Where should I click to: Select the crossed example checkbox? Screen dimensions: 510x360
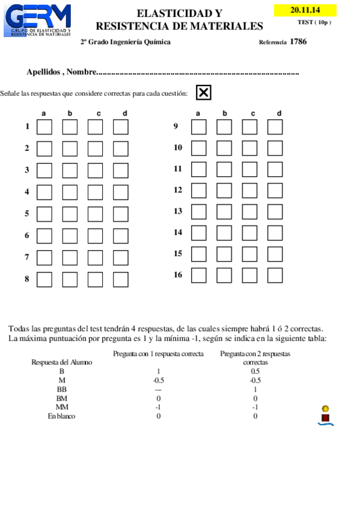pos(204,93)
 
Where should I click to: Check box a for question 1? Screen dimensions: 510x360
pos(44,127)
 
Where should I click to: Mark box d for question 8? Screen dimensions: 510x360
pos(121,279)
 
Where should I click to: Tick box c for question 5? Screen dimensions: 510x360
pos(95,214)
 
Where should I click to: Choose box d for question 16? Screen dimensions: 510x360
pos(275,275)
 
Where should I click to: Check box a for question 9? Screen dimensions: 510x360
pos(198,127)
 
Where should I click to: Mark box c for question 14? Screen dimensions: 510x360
pos(249,232)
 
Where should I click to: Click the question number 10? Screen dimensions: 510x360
pos(178,147)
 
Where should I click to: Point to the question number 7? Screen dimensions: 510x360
pos(27,257)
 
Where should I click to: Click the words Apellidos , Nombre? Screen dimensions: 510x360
pos(61,72)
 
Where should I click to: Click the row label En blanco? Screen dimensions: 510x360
pos(62,416)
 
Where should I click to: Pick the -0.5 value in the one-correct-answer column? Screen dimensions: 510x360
pos(159,380)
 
